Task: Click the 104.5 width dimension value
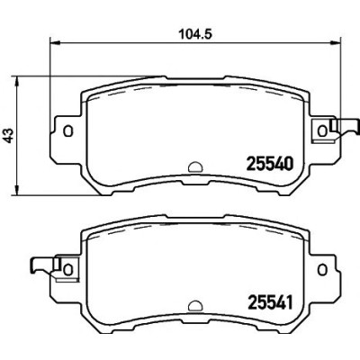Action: tap(195, 34)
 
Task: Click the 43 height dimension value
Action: tap(8, 135)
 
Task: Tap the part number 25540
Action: tap(269, 164)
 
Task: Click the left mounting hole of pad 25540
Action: tap(68, 130)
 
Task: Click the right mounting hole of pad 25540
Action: tap(322, 130)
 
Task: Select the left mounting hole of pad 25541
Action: tap(68, 269)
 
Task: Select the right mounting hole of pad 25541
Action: tap(322, 269)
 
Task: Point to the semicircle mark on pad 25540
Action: tap(195, 167)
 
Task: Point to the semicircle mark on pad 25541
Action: tap(195, 305)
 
